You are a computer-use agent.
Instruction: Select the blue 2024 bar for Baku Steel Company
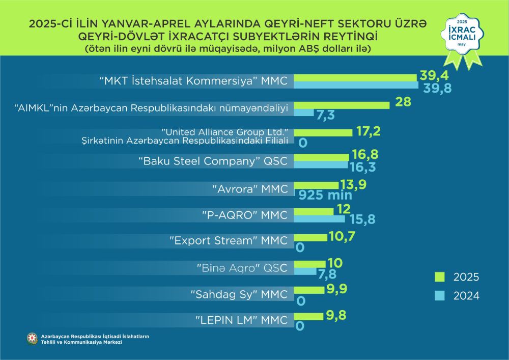click(321, 166)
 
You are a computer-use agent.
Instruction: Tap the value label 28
click(403, 102)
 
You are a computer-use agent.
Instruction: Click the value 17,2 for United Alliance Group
click(368, 131)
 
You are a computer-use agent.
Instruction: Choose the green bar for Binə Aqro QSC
click(309, 264)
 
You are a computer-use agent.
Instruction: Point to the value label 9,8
click(336, 315)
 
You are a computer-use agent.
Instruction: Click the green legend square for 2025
click(440, 277)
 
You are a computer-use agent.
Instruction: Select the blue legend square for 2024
click(440, 295)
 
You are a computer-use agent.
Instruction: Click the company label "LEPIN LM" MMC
click(242, 321)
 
